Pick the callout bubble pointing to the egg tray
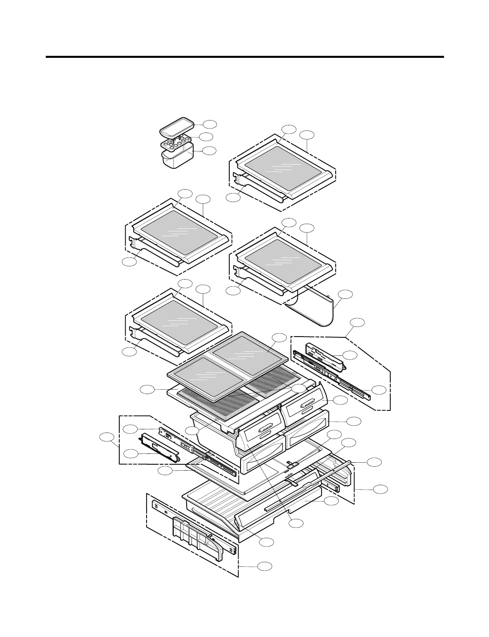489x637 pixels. [x=206, y=137]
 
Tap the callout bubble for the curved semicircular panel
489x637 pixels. [x=345, y=294]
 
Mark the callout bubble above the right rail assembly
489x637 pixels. [x=358, y=322]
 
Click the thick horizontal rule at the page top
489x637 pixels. [x=244, y=57]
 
